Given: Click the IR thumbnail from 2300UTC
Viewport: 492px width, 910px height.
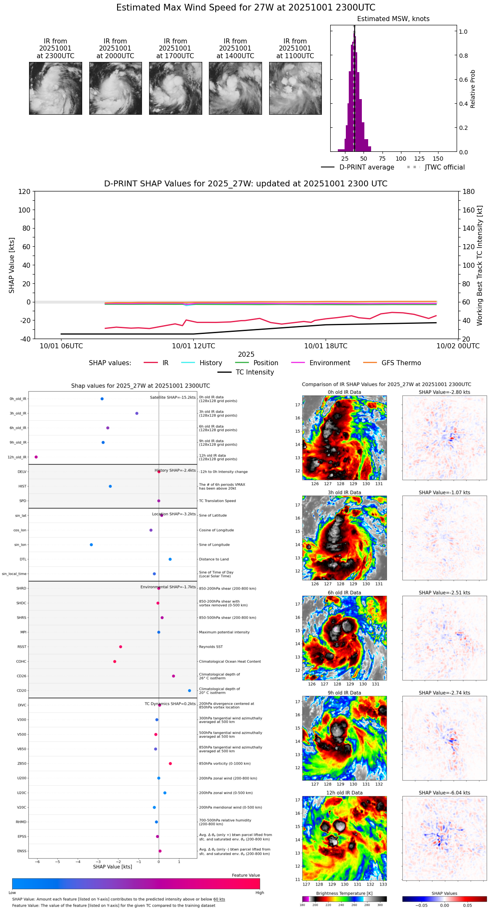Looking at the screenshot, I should pyautogui.click(x=55, y=88).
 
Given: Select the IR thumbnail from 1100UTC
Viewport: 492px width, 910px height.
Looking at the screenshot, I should pyautogui.click(x=295, y=88).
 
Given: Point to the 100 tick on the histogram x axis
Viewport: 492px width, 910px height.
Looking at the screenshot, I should pyautogui.click(x=401, y=159).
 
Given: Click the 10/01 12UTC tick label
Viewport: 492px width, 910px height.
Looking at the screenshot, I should pyautogui.click(x=193, y=346).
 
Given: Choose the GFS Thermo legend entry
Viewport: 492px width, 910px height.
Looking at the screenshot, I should pyautogui.click(x=401, y=363).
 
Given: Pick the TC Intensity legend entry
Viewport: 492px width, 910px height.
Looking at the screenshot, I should pyautogui.click(x=254, y=372).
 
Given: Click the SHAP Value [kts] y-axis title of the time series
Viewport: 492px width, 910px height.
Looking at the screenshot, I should pyautogui.click(x=12, y=265).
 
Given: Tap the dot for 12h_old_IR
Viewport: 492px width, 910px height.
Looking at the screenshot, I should pyautogui.click(x=36, y=457).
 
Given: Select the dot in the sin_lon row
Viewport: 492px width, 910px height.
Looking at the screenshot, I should pyautogui.click(x=91, y=545).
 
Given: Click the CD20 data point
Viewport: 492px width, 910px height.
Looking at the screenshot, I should pyautogui.click(x=190, y=691).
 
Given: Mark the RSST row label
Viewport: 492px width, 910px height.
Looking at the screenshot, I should pyautogui.click(x=22, y=647).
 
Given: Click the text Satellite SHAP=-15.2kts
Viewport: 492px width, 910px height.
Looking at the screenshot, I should pyautogui.click(x=173, y=398).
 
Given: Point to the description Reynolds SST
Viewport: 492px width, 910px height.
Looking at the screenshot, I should pyautogui.click(x=211, y=647).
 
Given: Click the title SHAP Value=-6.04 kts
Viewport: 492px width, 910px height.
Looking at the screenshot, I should pyautogui.click(x=444, y=793).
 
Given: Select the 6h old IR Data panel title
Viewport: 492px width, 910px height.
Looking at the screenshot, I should pyautogui.click(x=344, y=592).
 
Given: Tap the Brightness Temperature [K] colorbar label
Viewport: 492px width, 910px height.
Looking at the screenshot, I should pyautogui.click(x=344, y=893).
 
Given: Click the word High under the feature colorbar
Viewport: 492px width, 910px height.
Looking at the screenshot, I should pyautogui.click(x=259, y=893).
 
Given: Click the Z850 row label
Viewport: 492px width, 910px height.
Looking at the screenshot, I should pyautogui.click(x=21, y=764).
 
